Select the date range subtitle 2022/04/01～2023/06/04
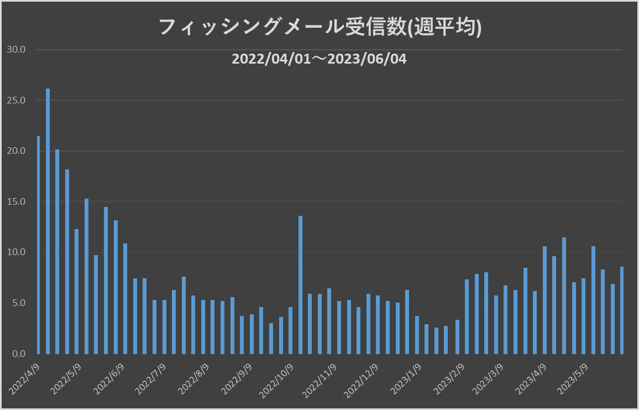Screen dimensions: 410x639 coord(319,59)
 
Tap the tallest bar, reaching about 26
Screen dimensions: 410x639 coord(48,221)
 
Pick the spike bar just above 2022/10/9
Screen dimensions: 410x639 coord(300,284)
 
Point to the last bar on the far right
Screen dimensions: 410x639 coord(622,310)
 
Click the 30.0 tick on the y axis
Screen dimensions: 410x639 coord(16,50)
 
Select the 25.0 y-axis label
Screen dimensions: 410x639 coord(16,101)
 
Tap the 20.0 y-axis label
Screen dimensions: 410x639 coord(16,151)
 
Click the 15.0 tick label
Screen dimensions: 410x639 coord(16,202)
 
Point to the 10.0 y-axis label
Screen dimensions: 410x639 coord(16,252)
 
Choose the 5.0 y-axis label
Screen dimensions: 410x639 coord(18,303)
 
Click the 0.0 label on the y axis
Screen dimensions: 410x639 coord(18,354)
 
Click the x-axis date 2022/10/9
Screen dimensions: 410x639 coord(276,380)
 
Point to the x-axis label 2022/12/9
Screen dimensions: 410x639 coord(362,380)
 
